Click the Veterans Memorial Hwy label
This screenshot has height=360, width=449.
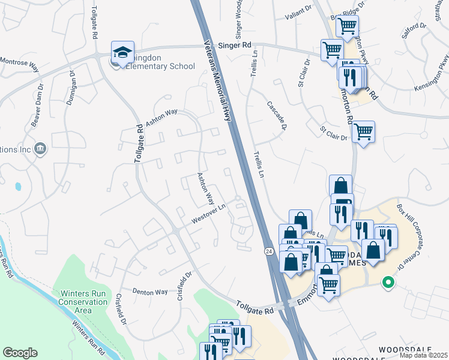[x=217, y=81]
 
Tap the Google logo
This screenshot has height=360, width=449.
[x=20, y=353]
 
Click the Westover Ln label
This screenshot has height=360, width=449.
[x=208, y=214]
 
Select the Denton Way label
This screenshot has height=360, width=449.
[x=150, y=292]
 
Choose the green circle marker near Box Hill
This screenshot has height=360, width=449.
[x=388, y=281]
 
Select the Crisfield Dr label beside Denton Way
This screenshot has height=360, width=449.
[x=184, y=286]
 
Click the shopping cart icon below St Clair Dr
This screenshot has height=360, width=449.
[x=363, y=131]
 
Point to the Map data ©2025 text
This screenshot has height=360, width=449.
[x=424, y=355]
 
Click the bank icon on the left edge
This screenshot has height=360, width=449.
[x=40, y=148]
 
